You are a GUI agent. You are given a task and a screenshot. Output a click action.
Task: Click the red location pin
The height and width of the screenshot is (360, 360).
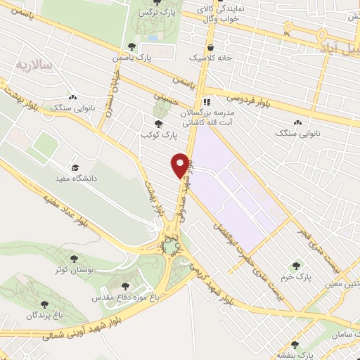pos(181,165)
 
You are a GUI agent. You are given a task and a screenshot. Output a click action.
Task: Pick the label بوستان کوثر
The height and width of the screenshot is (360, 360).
pos(78,269)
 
